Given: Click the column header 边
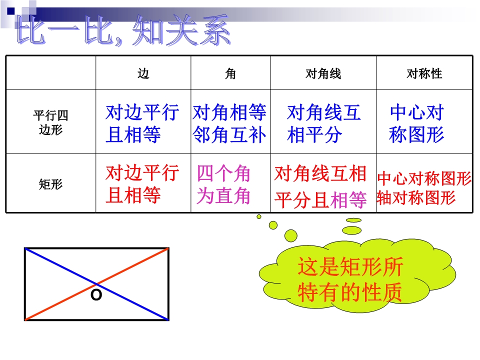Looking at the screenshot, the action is click(143, 73).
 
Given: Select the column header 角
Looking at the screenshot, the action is click(230, 73).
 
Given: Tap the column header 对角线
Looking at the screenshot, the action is click(323, 73).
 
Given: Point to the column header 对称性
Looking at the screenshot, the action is click(424, 73).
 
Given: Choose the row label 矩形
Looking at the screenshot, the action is click(50, 184).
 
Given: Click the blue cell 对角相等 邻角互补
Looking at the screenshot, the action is click(229, 123).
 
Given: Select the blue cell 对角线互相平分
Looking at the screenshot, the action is click(323, 123).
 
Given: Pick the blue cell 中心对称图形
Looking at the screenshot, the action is click(416, 123).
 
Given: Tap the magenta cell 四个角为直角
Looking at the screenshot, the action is click(223, 184).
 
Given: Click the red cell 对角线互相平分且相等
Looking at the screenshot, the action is click(320, 186).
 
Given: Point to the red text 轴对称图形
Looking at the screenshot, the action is click(416, 198).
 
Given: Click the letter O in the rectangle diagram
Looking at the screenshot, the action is click(96, 295).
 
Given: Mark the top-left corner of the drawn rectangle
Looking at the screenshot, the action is click(25, 248).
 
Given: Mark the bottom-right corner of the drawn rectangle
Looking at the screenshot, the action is click(168, 320).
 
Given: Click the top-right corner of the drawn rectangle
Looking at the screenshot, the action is click(168, 248).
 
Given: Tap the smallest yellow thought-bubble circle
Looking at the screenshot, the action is click(259, 216).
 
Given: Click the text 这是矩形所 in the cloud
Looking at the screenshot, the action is click(350, 266).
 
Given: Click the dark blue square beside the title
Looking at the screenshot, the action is click(10, 11).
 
